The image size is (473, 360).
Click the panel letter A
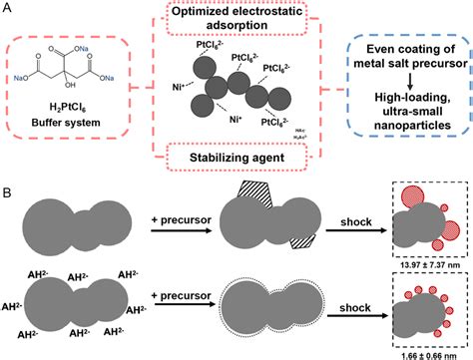8,9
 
